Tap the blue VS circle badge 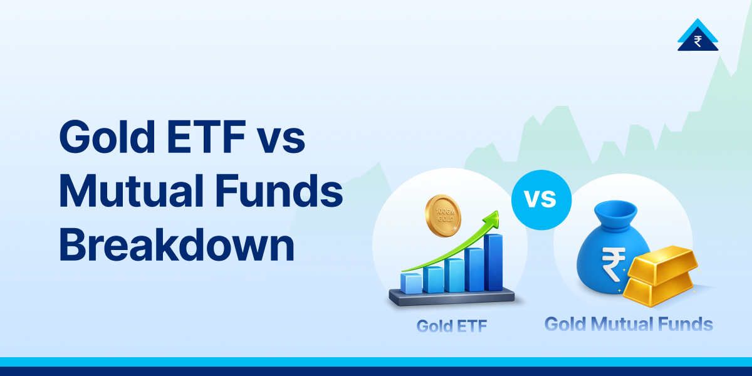[x=541, y=199]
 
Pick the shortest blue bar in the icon [x=411, y=283]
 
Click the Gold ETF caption [x=451, y=326]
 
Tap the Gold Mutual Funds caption [x=628, y=325]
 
